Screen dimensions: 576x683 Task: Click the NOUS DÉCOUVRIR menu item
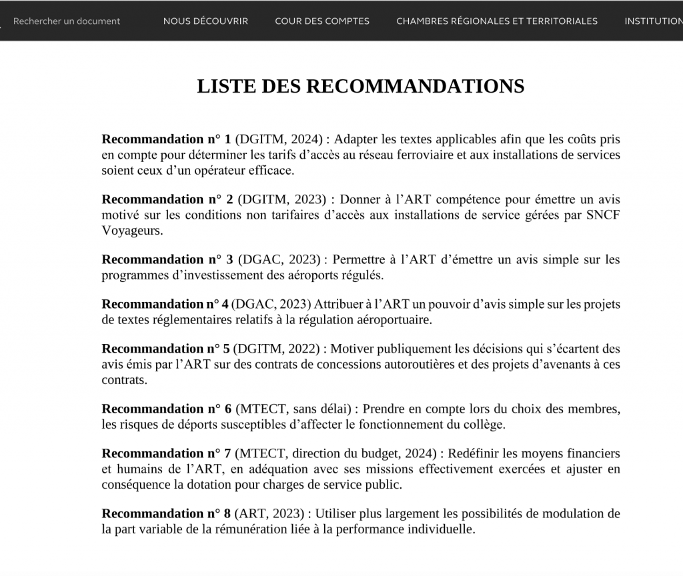point(205,21)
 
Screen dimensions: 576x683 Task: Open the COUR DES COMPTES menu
point(321,21)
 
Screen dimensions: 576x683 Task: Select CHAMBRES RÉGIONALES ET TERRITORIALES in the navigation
point(496,21)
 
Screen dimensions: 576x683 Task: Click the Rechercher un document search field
point(67,21)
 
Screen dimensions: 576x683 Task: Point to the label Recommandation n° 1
point(166,139)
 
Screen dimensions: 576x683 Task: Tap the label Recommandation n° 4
point(165,304)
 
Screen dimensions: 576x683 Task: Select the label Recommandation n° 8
point(166,513)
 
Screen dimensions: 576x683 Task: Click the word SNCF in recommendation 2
point(602,215)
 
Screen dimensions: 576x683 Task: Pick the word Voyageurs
point(131,231)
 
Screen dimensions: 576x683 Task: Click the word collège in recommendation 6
point(487,424)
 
